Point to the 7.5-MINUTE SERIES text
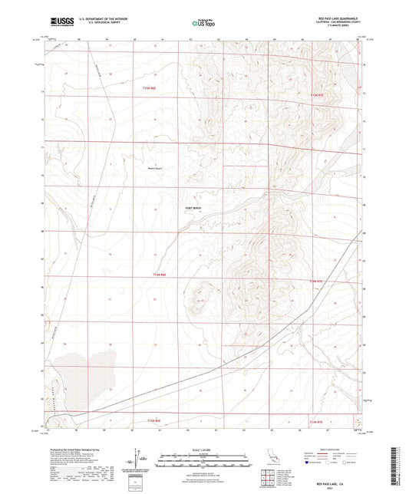pos(339,30)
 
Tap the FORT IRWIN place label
pos(195,206)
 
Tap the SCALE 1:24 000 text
pos(203,448)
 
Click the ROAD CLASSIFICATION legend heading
pos(331,450)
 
